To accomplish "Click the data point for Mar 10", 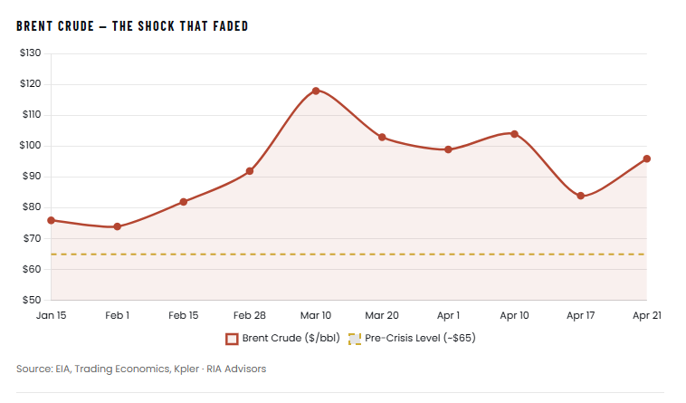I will [x=316, y=91].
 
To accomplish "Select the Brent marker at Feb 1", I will [x=118, y=226].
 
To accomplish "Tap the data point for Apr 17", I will [x=580, y=196].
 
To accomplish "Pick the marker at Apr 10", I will [x=514, y=134].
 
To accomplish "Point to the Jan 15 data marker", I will [x=51, y=220].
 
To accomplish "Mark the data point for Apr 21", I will [x=646, y=158].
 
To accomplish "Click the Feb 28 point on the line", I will [x=250, y=171].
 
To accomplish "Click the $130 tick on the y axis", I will [x=30, y=53].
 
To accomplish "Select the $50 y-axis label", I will [x=32, y=300].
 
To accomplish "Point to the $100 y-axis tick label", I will [x=30, y=146].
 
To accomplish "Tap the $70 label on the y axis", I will [x=32, y=238].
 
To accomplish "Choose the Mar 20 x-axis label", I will [x=382, y=315].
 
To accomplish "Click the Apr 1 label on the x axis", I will [x=448, y=315].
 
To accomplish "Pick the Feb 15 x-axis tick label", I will [x=183, y=315].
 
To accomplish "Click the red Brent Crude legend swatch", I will [x=232, y=339].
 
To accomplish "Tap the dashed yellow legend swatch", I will [x=354, y=339].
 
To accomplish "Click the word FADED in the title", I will [x=226, y=26].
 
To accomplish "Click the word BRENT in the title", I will [x=35, y=26].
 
